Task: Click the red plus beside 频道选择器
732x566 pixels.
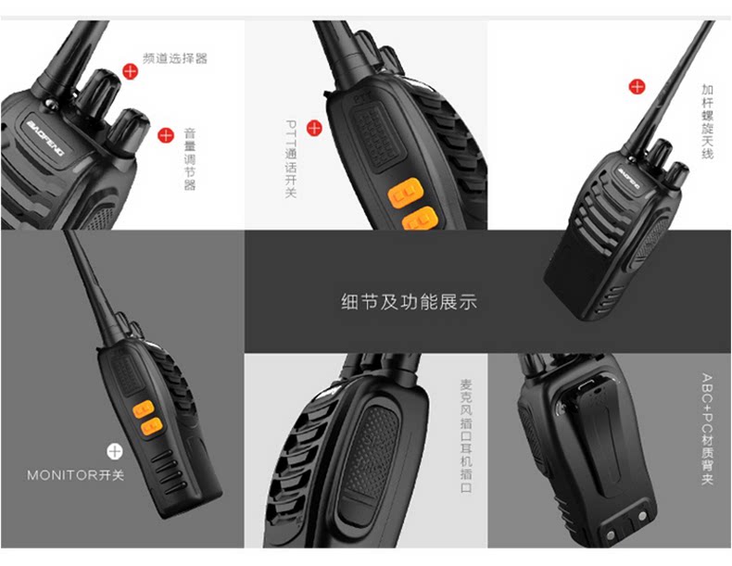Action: [x=131, y=71]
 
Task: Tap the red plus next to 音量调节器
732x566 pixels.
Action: [x=166, y=135]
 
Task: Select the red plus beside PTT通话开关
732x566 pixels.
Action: [x=314, y=128]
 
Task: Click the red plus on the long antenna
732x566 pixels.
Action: [x=637, y=86]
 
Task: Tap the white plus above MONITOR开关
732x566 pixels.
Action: [x=114, y=451]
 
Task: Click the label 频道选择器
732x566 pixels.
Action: [x=174, y=58]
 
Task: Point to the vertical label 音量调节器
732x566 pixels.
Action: [x=190, y=159]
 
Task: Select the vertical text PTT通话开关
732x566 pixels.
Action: [x=291, y=158]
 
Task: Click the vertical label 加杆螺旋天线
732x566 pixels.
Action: [x=707, y=121]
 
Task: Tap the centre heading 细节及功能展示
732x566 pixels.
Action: [x=409, y=302]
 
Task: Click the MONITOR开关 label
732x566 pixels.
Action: [x=76, y=475]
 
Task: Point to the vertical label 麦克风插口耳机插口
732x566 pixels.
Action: [x=466, y=435]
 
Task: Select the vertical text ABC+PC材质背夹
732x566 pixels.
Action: [x=707, y=428]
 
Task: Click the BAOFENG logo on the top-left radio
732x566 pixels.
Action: [x=45, y=138]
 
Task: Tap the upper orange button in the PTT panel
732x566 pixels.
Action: [x=406, y=193]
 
